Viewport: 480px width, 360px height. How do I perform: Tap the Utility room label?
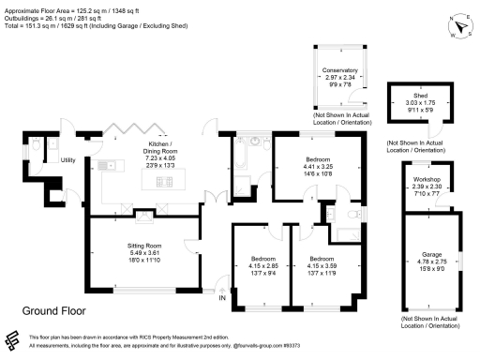pyautogui.click(x=68, y=160)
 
